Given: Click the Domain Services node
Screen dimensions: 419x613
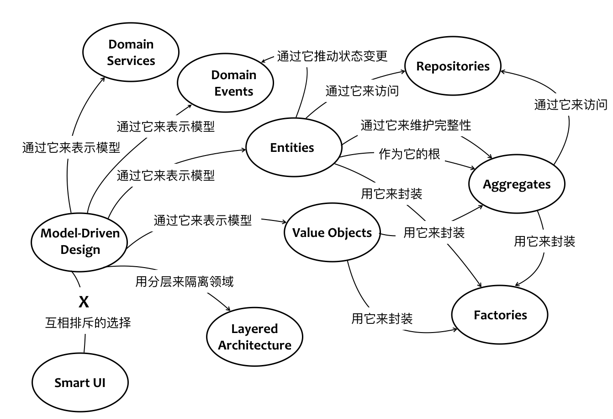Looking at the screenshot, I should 131,53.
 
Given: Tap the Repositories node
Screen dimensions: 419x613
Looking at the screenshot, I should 453,66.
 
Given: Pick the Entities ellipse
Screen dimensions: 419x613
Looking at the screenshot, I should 293,148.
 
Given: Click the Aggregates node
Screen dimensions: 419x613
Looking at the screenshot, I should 517,184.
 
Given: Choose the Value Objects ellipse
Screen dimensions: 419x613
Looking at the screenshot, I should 332,233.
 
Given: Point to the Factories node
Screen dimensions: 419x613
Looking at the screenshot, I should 500,315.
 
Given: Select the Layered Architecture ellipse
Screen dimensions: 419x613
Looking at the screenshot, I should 254,337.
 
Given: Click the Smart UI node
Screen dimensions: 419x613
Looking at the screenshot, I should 79,382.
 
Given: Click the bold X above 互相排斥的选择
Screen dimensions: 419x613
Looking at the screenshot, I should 84,302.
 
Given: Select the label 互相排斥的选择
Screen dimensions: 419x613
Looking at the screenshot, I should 88,323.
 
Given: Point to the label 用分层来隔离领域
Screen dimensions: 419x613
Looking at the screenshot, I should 185,281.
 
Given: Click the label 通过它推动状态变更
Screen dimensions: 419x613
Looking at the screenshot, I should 333,56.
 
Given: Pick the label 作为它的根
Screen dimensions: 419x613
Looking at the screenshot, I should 409,154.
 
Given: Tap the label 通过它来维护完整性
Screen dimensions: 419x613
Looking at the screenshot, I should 416,125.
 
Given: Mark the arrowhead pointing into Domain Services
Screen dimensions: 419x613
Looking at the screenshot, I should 104,77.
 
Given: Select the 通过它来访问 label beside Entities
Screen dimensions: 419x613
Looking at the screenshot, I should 362,91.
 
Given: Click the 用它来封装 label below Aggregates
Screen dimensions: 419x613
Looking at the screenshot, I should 544,241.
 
